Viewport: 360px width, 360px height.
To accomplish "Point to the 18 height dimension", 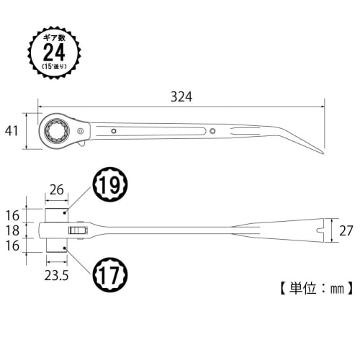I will coord(12,230).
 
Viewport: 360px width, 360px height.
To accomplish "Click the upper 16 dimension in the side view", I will coord(12,215).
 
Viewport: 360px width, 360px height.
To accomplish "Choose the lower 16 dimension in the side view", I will coord(12,246).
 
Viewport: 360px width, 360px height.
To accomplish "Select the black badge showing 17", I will coord(109,275).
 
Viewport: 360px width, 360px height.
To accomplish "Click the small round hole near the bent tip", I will coord(214,130).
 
